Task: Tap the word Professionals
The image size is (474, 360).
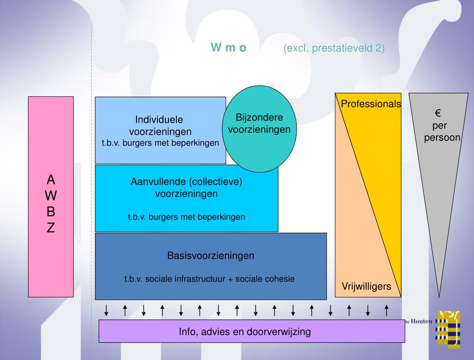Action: pyautogui.click(x=371, y=104)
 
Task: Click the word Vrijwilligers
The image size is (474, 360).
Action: pyautogui.click(x=366, y=286)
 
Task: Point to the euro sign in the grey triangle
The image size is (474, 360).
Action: pyautogui.click(x=437, y=113)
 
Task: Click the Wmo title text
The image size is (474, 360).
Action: pyautogui.click(x=229, y=48)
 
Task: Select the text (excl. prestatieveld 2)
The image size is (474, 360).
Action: pyautogui.click(x=334, y=48)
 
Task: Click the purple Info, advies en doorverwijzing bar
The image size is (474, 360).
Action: pyautogui.click(x=252, y=331)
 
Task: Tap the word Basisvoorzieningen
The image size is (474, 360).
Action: pyautogui.click(x=211, y=255)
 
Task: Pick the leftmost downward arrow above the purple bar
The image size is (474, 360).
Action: pyautogui.click(x=106, y=310)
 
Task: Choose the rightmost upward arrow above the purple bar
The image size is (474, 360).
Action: pyautogui.click(x=387, y=310)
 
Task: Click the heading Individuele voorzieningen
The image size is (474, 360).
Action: pyautogui.click(x=160, y=125)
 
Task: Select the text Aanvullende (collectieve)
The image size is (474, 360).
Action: pyautogui.click(x=186, y=182)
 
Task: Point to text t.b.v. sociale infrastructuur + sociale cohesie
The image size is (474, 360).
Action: pyautogui.click(x=209, y=279)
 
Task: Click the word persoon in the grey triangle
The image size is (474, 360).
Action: pyautogui.click(x=442, y=137)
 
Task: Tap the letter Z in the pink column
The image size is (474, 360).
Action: pyautogui.click(x=51, y=228)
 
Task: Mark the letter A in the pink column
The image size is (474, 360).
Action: pyautogui.click(x=51, y=179)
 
